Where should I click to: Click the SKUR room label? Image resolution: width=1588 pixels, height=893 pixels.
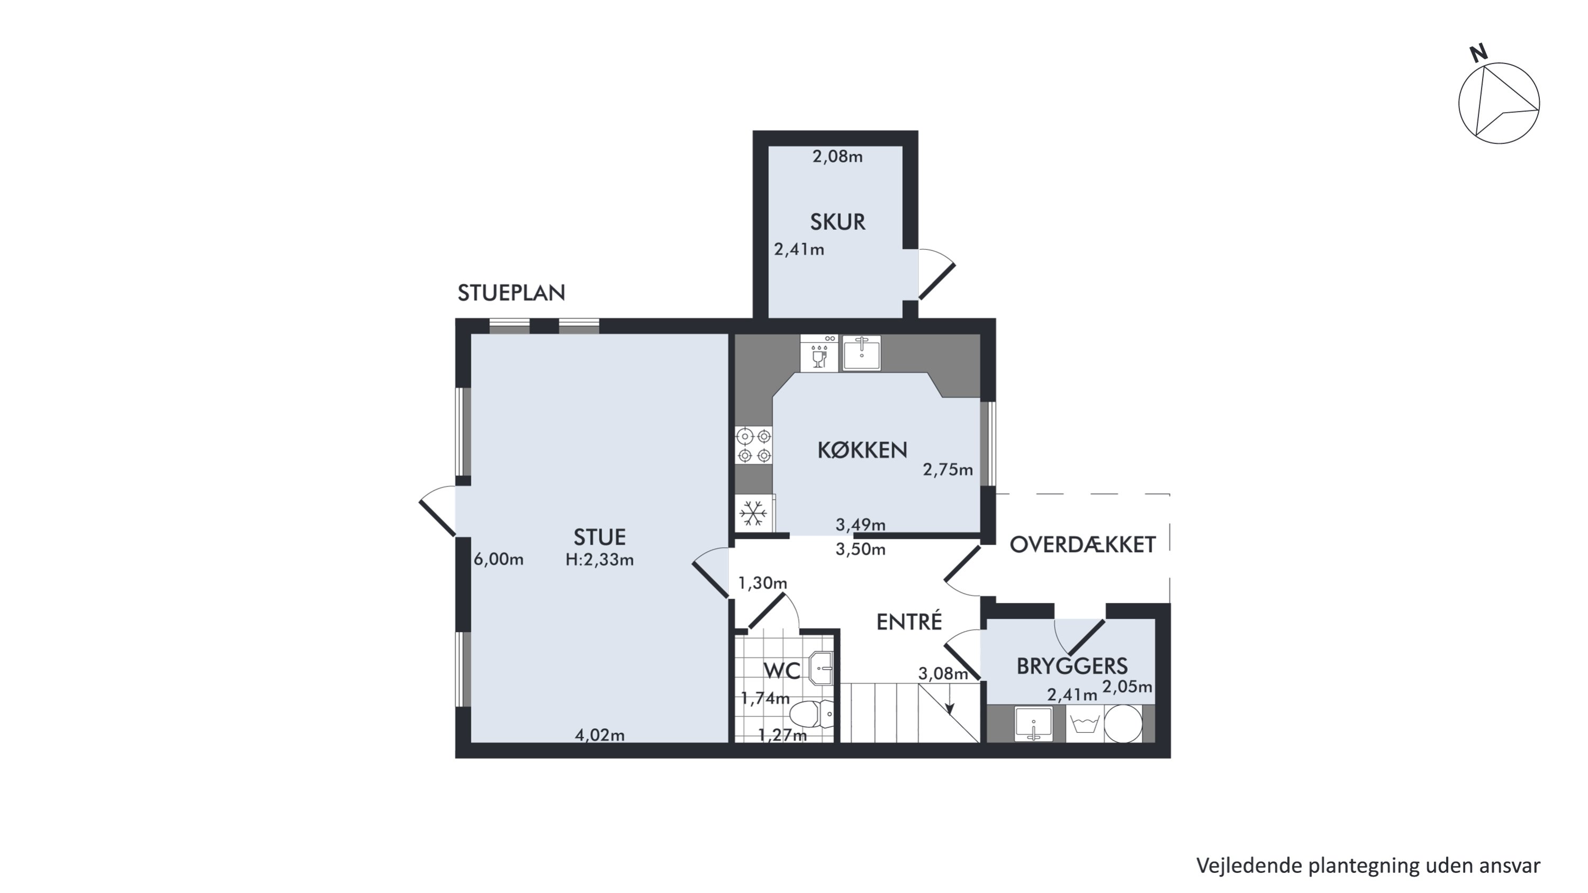(837, 222)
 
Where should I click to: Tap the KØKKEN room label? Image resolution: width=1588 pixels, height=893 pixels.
(862, 450)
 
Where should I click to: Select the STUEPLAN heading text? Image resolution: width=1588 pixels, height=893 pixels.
(511, 293)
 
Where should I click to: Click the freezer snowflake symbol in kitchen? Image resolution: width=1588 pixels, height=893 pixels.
(753, 513)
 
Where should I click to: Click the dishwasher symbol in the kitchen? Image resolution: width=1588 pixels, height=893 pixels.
(819, 354)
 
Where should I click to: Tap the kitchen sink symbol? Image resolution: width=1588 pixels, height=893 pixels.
(862, 353)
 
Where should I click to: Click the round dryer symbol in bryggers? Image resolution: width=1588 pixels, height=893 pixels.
(1123, 724)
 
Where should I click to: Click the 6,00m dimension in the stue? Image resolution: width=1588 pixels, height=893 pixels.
(499, 560)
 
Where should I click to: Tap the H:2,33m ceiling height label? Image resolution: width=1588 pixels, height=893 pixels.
(599, 560)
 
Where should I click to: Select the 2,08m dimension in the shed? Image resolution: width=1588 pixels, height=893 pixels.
(837, 157)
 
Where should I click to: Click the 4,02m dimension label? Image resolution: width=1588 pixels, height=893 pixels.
(599, 735)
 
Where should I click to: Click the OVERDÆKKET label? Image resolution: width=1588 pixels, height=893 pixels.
(1082, 545)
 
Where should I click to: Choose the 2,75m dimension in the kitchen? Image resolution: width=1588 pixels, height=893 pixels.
(948, 470)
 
